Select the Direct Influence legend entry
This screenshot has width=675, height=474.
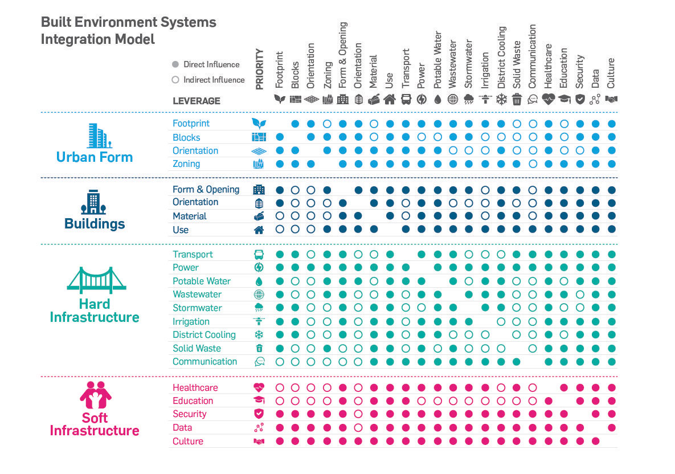click(211, 64)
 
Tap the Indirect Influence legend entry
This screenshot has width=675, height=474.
click(214, 80)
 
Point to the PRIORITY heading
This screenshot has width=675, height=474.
click(260, 70)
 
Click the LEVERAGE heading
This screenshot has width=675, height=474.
click(196, 101)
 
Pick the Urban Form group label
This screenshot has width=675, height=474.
click(95, 157)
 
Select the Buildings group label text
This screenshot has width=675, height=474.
click(95, 223)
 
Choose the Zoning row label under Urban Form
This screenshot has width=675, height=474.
click(186, 164)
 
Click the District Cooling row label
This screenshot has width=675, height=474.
click(204, 335)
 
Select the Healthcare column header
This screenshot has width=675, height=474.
click(548, 66)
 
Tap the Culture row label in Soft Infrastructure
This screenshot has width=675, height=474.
click(188, 442)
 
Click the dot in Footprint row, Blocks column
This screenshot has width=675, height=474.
click(295, 124)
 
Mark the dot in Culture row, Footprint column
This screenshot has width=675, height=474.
click(280, 441)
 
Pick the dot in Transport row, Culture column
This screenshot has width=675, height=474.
click(611, 254)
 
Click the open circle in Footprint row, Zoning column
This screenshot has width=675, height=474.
click(327, 124)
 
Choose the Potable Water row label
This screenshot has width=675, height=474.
click(202, 281)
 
